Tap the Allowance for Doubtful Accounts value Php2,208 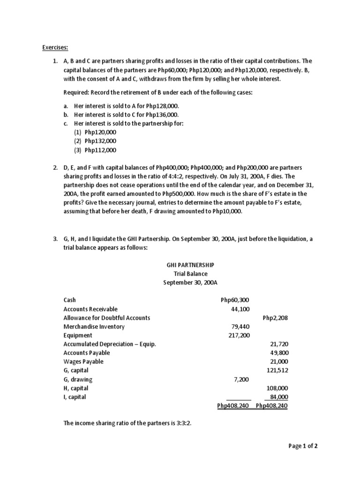[275, 318]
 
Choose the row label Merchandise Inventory [94, 327]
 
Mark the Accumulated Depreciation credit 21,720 [278, 344]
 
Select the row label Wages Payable [83, 362]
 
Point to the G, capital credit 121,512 [277, 371]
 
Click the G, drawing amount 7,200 [240, 379]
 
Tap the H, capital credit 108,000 [277, 388]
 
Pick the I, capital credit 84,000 [278, 397]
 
